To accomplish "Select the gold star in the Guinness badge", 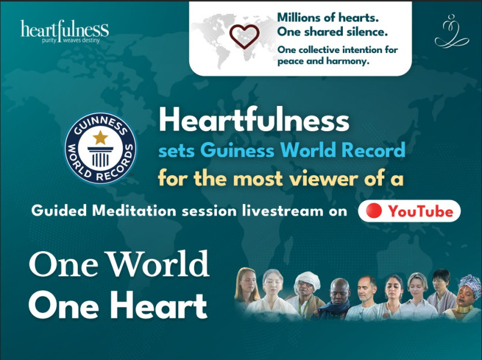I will [100, 138].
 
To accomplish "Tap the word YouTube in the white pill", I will [420, 211].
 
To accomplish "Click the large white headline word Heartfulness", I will [254, 120].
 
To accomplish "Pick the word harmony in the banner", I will [343, 61].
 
